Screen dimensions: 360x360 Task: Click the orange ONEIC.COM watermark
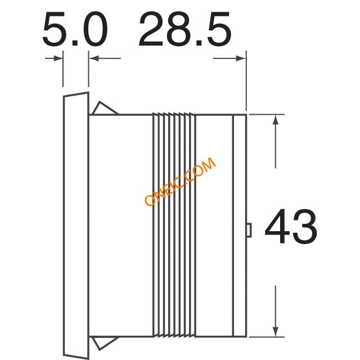point(180,181)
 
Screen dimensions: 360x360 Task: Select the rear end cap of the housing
point(240,225)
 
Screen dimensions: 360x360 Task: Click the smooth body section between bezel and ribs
point(121,225)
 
